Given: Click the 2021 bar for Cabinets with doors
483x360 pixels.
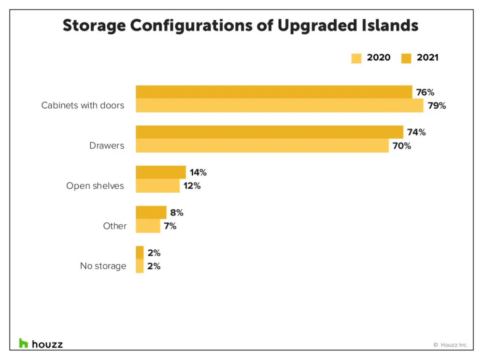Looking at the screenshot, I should click(x=273, y=92).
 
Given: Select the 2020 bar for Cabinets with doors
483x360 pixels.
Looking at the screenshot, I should click(x=279, y=105).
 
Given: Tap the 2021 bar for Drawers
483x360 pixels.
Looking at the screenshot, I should click(x=269, y=132).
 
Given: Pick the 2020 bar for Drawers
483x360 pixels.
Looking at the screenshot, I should click(x=262, y=145).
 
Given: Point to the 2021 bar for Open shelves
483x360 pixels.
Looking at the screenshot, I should click(x=160, y=172).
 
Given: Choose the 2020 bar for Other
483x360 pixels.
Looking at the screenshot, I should click(x=148, y=226).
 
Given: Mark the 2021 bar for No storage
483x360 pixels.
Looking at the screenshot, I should click(x=140, y=252).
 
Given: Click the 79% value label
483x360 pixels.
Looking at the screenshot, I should click(x=437, y=105).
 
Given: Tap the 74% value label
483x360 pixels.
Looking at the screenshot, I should click(x=416, y=132).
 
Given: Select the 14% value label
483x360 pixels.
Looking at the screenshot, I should click(x=199, y=172).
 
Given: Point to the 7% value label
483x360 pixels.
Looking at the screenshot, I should click(x=170, y=226).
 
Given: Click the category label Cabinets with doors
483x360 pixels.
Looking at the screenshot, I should click(x=83, y=105).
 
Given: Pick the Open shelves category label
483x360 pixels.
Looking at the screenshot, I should click(x=95, y=186).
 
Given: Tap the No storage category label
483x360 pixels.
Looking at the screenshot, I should click(x=103, y=266).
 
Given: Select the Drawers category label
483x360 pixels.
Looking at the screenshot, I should click(x=107, y=145).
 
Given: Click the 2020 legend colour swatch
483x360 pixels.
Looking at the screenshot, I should click(x=356, y=58).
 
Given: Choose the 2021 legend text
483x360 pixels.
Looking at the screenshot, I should click(x=427, y=58).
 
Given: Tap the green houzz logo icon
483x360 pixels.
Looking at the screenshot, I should click(x=24, y=343).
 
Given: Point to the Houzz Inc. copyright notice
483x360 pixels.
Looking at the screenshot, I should click(x=451, y=345).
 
